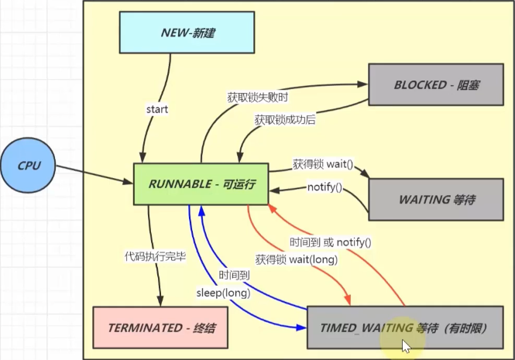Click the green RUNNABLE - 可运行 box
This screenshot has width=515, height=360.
(201, 184)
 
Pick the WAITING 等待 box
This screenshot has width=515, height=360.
(437, 199)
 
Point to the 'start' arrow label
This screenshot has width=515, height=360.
(157, 109)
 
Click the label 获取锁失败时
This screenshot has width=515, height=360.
(258, 98)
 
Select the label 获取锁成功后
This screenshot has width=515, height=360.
(285, 121)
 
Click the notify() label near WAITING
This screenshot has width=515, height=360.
(324, 187)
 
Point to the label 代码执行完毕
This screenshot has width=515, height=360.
(155, 256)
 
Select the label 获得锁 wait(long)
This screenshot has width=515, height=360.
(296, 259)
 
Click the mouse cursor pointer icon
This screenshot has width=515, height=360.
(405, 345)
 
